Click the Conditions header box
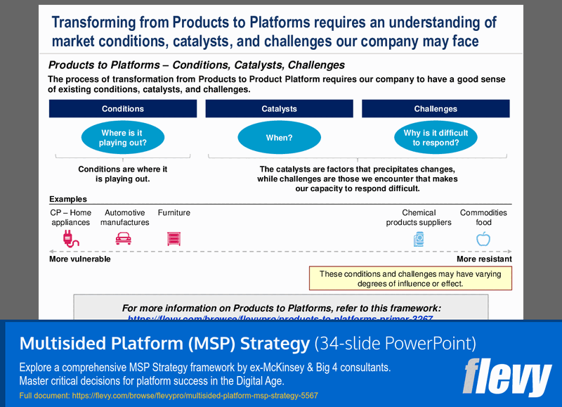[123, 109]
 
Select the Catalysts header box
[279, 109]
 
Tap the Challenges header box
[436, 109]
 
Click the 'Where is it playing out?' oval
[123, 138]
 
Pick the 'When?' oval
[279, 138]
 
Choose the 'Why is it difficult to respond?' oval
[436, 138]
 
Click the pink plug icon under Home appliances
[71, 239]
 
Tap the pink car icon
[123, 239]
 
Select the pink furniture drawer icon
[174, 239]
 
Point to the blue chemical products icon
[419, 239]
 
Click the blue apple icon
[483, 239]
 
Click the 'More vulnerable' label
[79, 259]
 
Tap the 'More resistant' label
[484, 259]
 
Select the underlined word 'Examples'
[68, 200]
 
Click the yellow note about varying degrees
[410, 279]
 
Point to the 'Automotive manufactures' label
[124, 218]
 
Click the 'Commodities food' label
[483, 218]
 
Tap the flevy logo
[507, 377]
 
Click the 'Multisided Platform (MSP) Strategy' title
[164, 344]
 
